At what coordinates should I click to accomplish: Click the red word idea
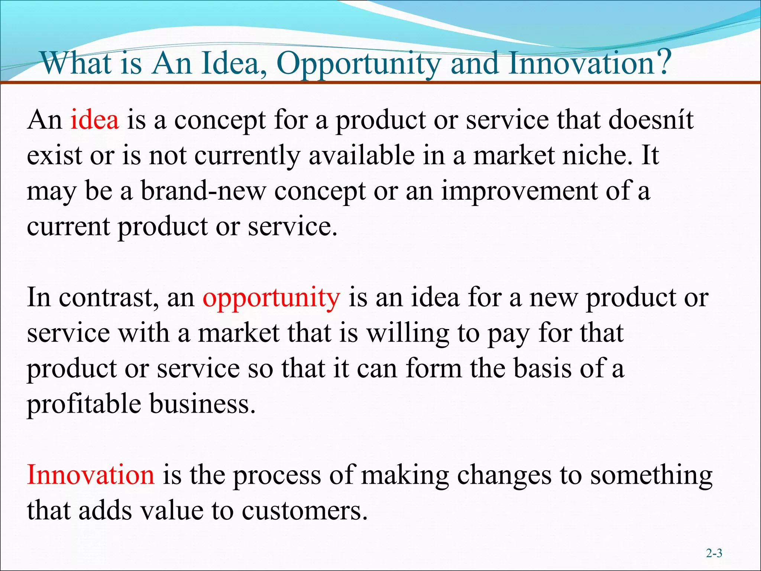95,120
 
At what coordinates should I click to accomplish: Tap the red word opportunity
271,298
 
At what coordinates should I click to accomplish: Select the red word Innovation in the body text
91,475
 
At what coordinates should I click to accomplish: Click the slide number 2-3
714,554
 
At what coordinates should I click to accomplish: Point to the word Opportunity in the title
359,64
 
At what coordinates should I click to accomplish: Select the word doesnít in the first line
651,120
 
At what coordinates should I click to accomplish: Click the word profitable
84,404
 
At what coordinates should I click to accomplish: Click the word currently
247,156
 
